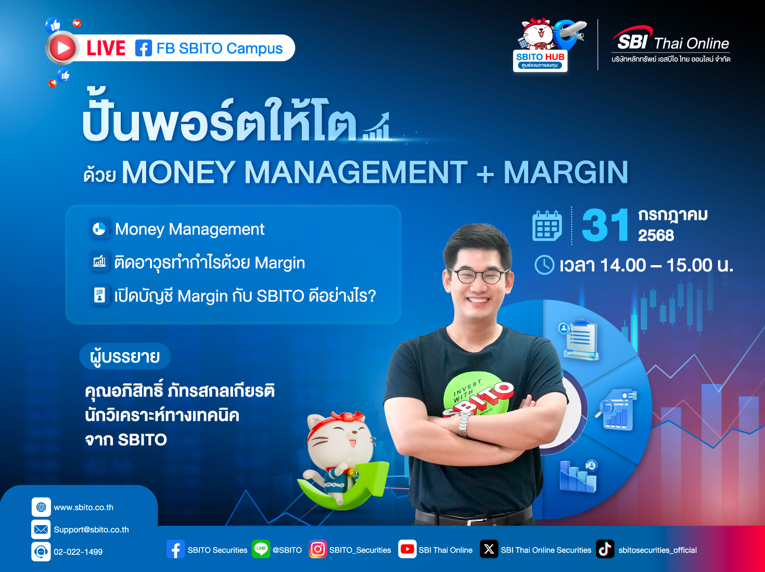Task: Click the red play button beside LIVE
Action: tap(62, 48)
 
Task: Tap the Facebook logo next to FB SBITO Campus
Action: tap(144, 48)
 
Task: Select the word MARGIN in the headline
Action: tap(566, 172)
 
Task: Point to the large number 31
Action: tap(605, 225)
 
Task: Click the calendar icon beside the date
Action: tap(547, 226)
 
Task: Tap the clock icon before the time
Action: tap(544, 265)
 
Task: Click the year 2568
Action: tap(656, 235)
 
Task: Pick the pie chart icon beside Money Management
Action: tap(99, 229)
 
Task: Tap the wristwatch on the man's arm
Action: tap(464, 423)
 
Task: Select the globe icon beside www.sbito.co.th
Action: tap(41, 507)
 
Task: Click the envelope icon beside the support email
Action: tap(41, 529)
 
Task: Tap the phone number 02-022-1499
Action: tap(78, 552)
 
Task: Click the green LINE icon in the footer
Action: tap(261, 549)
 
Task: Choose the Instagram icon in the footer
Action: tap(317, 549)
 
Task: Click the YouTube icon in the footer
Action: tap(407, 549)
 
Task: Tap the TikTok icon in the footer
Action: tap(605, 549)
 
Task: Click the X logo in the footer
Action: tap(489, 549)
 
